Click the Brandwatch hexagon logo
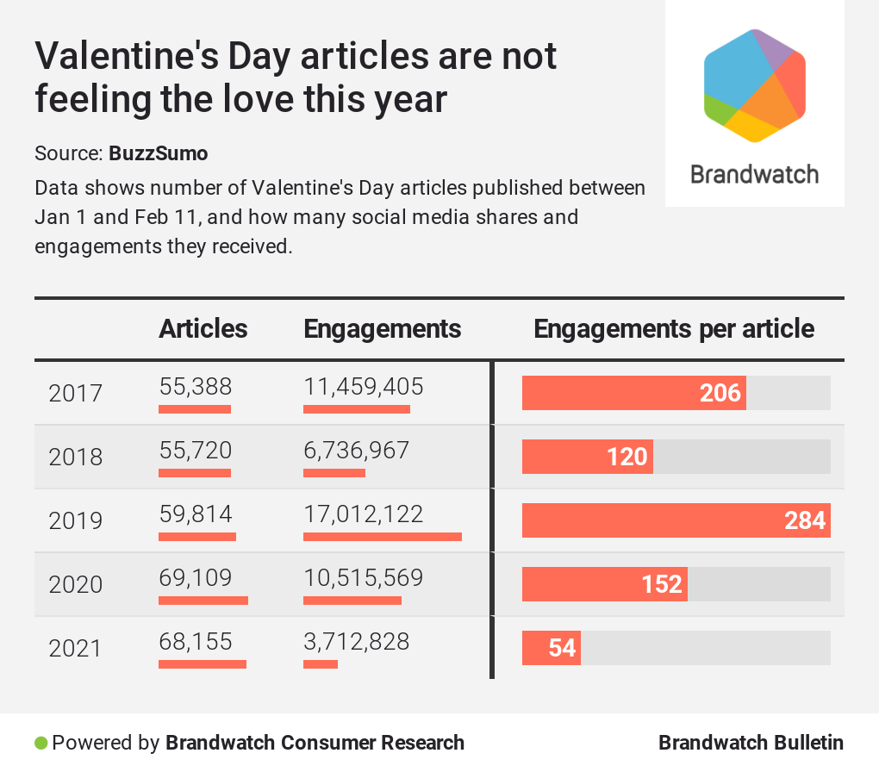click(x=754, y=85)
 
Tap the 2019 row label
click(x=75, y=520)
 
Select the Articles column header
click(x=203, y=328)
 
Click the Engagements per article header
click(x=674, y=328)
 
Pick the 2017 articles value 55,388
click(x=196, y=387)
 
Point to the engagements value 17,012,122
click(x=364, y=514)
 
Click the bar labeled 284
click(x=676, y=520)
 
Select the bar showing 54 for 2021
click(x=552, y=648)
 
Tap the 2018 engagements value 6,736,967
click(x=357, y=451)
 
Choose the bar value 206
click(x=633, y=393)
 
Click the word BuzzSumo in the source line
click(x=158, y=153)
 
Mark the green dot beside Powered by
click(x=41, y=743)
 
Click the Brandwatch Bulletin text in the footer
click(x=751, y=743)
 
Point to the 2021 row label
click(x=75, y=648)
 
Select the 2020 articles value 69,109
click(x=196, y=578)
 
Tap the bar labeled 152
click(x=604, y=584)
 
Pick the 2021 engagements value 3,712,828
click(x=357, y=642)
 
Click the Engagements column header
click(x=383, y=328)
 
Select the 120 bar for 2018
click(x=587, y=457)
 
